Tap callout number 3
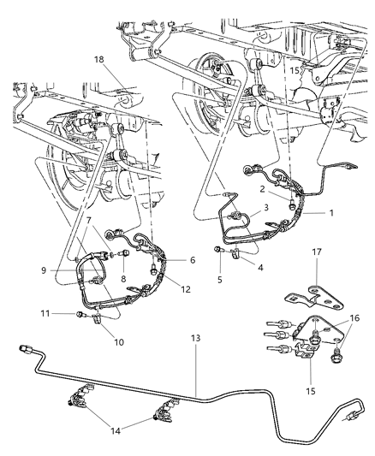[266, 207]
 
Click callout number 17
[316, 275]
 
